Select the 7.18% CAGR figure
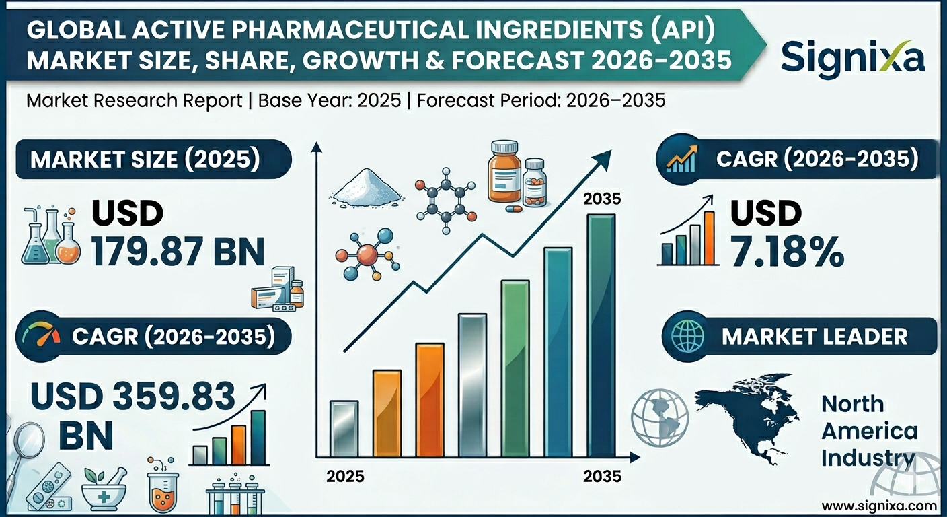coord(787,252)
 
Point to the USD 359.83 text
coord(134,397)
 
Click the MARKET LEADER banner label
coord(815,336)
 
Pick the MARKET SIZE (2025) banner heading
coord(145,160)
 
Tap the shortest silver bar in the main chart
coord(344,428)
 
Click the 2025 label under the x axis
coord(345,476)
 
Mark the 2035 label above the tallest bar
coord(602,199)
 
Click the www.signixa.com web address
coord(878,505)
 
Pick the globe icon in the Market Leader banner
coord(685,336)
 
